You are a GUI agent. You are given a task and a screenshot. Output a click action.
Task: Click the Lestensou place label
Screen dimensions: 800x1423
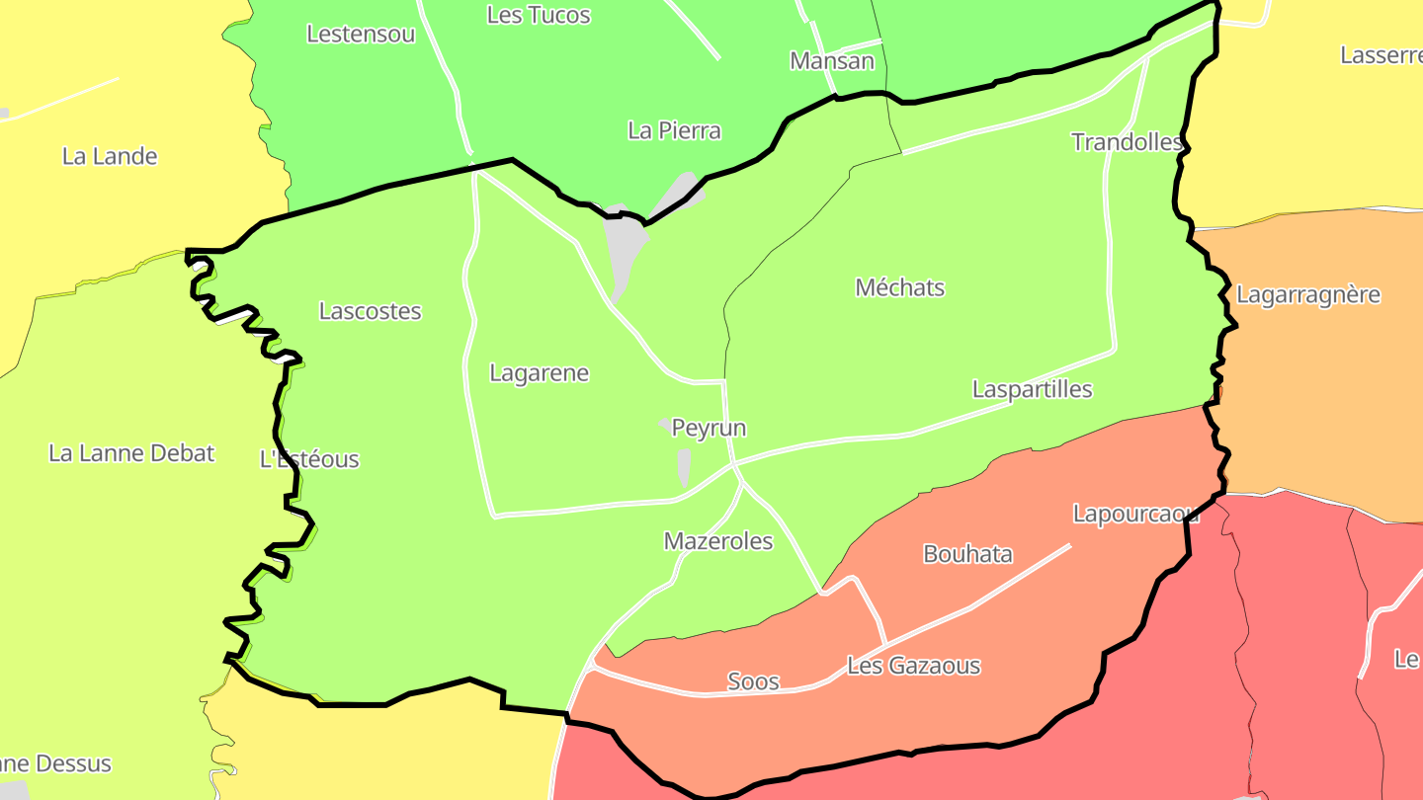click(361, 34)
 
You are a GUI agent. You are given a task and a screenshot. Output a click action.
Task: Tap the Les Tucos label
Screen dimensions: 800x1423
click(539, 15)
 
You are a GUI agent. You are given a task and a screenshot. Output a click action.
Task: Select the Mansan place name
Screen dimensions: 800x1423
click(832, 61)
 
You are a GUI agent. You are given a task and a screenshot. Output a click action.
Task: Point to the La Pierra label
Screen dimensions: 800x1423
click(674, 130)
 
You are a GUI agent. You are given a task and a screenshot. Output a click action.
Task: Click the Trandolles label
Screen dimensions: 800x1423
click(1127, 142)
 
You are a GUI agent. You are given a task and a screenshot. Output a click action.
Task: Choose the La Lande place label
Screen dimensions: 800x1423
click(110, 156)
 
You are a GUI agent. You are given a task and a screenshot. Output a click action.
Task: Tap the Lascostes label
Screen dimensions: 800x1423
click(370, 311)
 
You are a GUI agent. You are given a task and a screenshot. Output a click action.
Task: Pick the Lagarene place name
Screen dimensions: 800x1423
click(539, 373)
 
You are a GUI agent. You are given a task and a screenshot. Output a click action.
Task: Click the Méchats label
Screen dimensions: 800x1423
click(899, 287)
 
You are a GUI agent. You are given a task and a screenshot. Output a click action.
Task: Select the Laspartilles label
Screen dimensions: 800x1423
click(1032, 389)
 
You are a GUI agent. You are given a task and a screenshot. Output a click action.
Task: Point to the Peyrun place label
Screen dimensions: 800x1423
click(709, 428)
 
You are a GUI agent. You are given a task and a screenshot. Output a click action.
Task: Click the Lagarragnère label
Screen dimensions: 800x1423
click(1308, 294)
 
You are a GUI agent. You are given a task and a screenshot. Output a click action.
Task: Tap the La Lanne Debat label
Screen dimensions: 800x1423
click(131, 453)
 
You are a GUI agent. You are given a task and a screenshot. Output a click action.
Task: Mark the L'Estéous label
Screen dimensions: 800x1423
click(309, 459)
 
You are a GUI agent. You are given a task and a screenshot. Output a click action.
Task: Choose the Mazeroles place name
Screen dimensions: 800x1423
click(718, 541)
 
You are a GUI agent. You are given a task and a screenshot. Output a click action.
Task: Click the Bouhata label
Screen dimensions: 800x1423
click(967, 554)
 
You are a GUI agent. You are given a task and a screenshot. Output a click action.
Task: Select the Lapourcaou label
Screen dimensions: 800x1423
click(1135, 514)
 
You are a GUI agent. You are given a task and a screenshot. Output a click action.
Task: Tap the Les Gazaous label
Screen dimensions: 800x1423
click(913, 666)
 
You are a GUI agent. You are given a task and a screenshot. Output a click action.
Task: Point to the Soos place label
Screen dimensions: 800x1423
click(753, 681)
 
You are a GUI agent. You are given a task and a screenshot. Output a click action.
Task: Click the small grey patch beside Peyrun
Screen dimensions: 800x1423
click(684, 465)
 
